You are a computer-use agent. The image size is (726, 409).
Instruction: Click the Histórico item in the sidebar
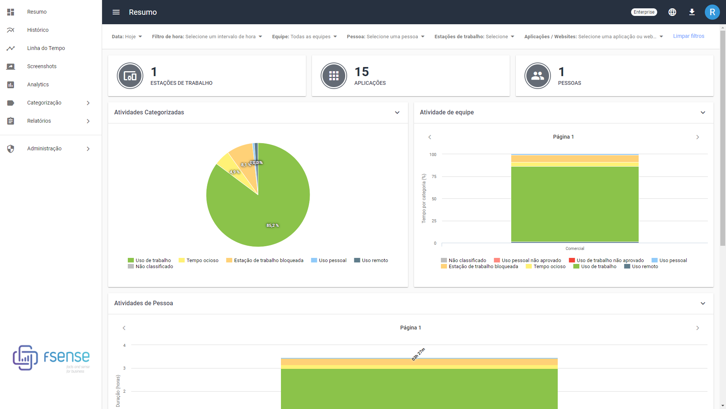point(37,30)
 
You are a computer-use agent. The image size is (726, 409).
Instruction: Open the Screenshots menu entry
point(42,66)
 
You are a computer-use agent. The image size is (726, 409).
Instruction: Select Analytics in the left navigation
point(38,84)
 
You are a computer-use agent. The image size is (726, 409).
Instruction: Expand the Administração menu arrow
point(88,149)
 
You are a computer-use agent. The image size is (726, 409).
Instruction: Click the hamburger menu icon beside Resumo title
point(116,12)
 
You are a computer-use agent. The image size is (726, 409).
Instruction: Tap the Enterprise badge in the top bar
point(644,12)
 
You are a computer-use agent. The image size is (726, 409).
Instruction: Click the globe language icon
point(672,12)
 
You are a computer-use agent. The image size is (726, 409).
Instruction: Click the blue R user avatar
point(712,12)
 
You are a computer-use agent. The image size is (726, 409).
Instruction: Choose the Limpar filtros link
point(688,36)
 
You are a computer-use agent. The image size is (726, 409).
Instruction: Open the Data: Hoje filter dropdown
point(127,37)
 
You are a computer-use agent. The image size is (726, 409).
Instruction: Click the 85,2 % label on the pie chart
point(272,226)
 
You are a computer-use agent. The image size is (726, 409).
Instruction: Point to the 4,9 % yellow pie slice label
point(234,172)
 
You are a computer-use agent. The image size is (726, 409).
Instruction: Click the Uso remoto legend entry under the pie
point(371,261)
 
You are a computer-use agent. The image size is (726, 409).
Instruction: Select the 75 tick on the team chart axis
point(434,177)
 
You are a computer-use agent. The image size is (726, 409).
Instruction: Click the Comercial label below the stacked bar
point(574,249)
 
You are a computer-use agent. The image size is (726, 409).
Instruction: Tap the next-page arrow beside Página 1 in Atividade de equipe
point(697,137)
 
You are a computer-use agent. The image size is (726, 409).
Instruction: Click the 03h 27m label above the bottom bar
point(418,354)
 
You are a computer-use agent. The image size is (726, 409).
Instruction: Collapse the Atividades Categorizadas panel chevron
point(397,112)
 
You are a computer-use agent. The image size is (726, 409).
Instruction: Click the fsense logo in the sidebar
point(51,358)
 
